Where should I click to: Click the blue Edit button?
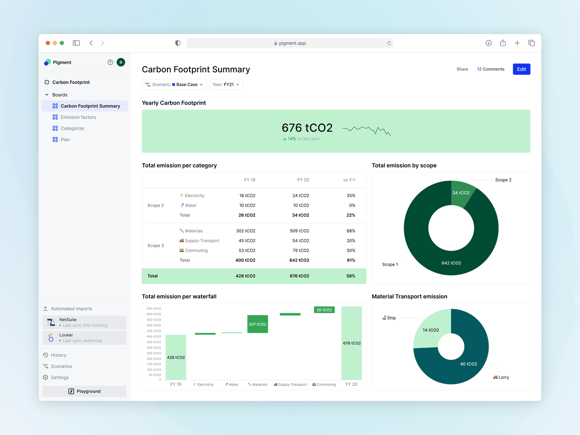point(521,69)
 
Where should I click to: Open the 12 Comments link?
point(490,69)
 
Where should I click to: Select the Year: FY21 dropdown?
point(226,84)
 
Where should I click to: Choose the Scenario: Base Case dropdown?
point(174,84)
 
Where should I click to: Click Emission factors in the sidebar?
point(78,117)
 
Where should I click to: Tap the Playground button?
point(84,391)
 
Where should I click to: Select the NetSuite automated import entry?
point(84,322)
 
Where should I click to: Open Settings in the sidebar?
point(59,377)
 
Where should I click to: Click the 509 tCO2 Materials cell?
point(299,231)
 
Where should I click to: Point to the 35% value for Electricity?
point(351,195)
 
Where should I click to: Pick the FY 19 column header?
point(250,180)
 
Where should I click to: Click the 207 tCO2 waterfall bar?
point(257,324)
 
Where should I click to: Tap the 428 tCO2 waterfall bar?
point(176,357)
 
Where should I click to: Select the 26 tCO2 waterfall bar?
point(324,310)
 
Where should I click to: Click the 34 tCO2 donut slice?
point(461,193)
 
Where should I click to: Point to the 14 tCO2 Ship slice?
point(431,330)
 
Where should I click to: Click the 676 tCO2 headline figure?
point(307,128)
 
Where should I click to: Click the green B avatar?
point(120,62)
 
